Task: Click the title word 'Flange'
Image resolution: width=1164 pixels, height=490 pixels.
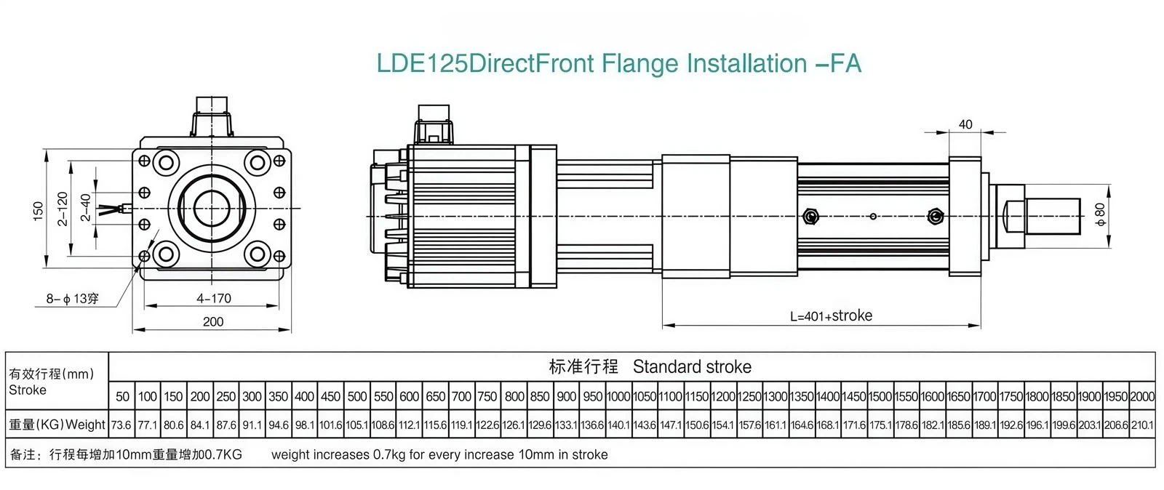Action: point(641,64)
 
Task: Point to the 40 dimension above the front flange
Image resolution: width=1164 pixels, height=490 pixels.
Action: point(965,124)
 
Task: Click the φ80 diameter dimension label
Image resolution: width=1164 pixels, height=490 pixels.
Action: point(1099,214)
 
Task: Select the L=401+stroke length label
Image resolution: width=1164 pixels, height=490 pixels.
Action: point(831,316)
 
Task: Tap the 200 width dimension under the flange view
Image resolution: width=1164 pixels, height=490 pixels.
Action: point(212,321)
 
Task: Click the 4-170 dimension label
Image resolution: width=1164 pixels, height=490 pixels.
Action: point(213,298)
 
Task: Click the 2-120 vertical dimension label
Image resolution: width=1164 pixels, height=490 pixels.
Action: point(63,209)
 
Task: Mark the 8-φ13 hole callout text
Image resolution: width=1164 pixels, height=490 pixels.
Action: point(72,299)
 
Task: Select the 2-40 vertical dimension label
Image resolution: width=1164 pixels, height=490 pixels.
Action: point(86,208)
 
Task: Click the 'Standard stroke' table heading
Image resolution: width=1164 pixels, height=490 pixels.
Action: point(692,366)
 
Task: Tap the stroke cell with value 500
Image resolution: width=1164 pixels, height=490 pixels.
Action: point(357,397)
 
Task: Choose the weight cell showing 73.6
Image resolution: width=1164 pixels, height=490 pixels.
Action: point(121,425)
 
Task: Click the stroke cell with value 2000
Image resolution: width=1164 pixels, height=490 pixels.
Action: point(1142,397)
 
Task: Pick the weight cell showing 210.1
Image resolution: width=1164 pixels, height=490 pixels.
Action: point(1142,425)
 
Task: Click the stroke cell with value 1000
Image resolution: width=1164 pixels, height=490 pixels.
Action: point(618,397)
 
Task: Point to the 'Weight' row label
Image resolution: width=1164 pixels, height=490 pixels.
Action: point(85,425)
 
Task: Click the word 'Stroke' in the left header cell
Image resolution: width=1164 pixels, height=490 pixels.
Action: point(28,390)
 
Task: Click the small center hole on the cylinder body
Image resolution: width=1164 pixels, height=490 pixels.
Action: point(873,216)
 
